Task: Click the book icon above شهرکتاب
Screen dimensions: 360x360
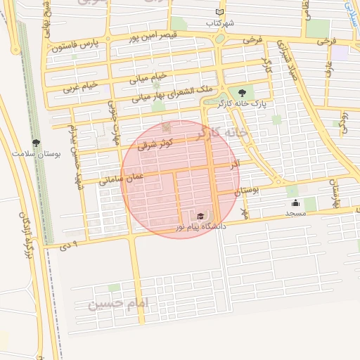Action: pos(219,13)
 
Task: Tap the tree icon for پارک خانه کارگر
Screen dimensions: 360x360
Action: pos(243,93)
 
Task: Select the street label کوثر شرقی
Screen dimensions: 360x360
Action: pos(155,145)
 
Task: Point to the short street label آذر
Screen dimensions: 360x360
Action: pos(235,163)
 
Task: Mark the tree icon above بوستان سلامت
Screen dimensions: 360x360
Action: pos(36,143)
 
